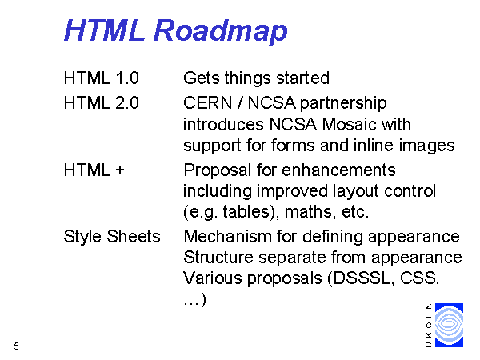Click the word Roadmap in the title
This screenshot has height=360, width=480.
point(221,31)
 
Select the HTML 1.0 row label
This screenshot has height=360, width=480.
point(102,78)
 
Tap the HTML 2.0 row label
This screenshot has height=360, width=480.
point(102,102)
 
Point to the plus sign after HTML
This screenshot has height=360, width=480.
point(120,170)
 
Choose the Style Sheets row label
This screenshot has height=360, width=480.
point(112,236)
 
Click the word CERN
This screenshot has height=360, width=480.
point(208,102)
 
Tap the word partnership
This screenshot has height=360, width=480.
point(343,104)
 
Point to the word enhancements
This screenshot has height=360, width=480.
point(338,170)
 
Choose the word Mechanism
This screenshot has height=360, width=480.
point(227,236)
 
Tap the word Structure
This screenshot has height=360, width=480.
point(218,257)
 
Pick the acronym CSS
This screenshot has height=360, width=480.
point(419,278)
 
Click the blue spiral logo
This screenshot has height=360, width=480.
point(449,325)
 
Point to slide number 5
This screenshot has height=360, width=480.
point(17,346)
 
